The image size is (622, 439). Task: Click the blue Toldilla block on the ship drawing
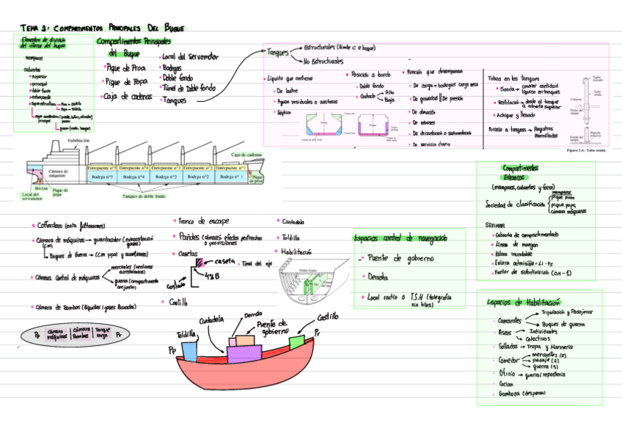click(189, 350)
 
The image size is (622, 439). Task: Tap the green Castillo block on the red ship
click(296, 342)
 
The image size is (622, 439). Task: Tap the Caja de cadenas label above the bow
click(246, 155)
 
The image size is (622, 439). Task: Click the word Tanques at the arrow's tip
click(278, 52)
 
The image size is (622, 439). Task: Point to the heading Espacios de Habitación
click(523, 303)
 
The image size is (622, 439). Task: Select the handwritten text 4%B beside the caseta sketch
click(213, 276)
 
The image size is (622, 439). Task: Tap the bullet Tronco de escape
click(203, 221)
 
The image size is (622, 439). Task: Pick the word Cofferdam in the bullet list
click(51, 225)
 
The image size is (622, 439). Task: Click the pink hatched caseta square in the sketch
click(199, 262)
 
